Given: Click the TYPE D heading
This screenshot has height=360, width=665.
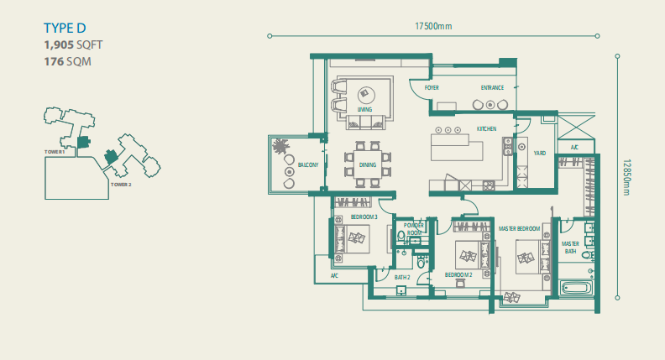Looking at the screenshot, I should [x=65, y=29].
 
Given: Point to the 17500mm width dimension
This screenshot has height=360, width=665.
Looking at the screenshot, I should [x=433, y=26].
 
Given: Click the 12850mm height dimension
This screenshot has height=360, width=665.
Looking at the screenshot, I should [x=627, y=178].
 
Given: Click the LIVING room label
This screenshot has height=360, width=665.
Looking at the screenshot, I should [x=364, y=110].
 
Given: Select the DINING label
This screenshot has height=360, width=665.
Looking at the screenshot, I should [x=368, y=165].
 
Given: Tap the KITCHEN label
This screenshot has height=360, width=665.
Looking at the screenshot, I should [x=487, y=129].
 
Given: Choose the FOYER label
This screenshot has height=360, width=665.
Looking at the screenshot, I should [x=432, y=87].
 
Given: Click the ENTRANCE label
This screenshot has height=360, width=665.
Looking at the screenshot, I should [x=492, y=87].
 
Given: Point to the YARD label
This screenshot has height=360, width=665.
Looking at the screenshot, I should [x=540, y=154].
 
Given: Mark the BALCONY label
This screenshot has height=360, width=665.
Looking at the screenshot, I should [x=308, y=165].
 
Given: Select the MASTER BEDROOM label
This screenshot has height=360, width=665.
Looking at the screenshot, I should [x=518, y=228].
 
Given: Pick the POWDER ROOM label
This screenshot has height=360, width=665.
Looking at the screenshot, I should [x=414, y=229].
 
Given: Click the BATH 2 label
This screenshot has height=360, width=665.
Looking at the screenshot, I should [x=402, y=277].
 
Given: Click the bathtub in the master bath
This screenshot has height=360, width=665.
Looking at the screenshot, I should [x=579, y=288].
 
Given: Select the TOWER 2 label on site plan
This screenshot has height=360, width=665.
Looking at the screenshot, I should [x=122, y=183].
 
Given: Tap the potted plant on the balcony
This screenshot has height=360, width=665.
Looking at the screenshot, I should [x=280, y=146].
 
